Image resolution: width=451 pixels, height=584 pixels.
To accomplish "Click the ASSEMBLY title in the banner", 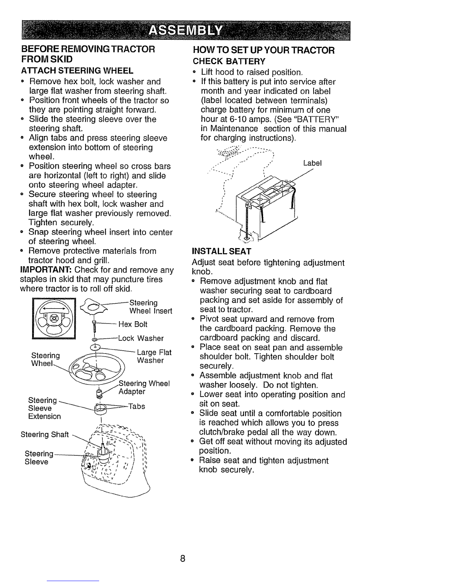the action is pyautogui.click(x=186, y=31).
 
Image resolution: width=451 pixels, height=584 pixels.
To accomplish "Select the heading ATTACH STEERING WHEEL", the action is pyautogui.click(x=77, y=71).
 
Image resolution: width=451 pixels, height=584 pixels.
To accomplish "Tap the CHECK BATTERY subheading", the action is pyautogui.click(x=229, y=61).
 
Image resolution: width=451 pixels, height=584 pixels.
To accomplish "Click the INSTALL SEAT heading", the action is pyautogui.click(x=221, y=251).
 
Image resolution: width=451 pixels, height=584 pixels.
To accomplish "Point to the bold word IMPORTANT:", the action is pyautogui.click(x=46, y=270).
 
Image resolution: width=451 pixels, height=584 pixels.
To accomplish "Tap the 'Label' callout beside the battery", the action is pyautogui.click(x=312, y=163).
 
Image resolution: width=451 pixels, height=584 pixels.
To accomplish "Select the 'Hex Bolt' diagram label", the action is pyautogui.click(x=133, y=324).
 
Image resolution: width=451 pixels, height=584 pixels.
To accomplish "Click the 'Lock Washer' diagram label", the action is pyautogui.click(x=141, y=338).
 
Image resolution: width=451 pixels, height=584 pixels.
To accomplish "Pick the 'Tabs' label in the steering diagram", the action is pyautogui.click(x=137, y=406).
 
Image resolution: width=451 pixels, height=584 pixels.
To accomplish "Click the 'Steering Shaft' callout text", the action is pyautogui.click(x=45, y=434).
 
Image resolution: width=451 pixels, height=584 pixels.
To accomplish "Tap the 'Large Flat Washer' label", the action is pyautogui.click(x=154, y=356).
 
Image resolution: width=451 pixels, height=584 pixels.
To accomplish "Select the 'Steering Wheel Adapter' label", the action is pyautogui.click(x=144, y=387).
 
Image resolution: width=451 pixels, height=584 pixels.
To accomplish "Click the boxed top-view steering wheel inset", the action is pyautogui.click(x=54, y=319).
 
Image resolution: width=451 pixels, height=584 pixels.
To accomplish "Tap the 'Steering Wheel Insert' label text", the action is pyautogui.click(x=151, y=307).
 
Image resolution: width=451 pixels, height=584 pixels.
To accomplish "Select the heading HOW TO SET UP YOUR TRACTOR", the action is pyautogui.click(x=264, y=50).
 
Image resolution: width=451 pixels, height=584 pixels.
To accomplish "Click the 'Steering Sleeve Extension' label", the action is pyautogui.click(x=44, y=408).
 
